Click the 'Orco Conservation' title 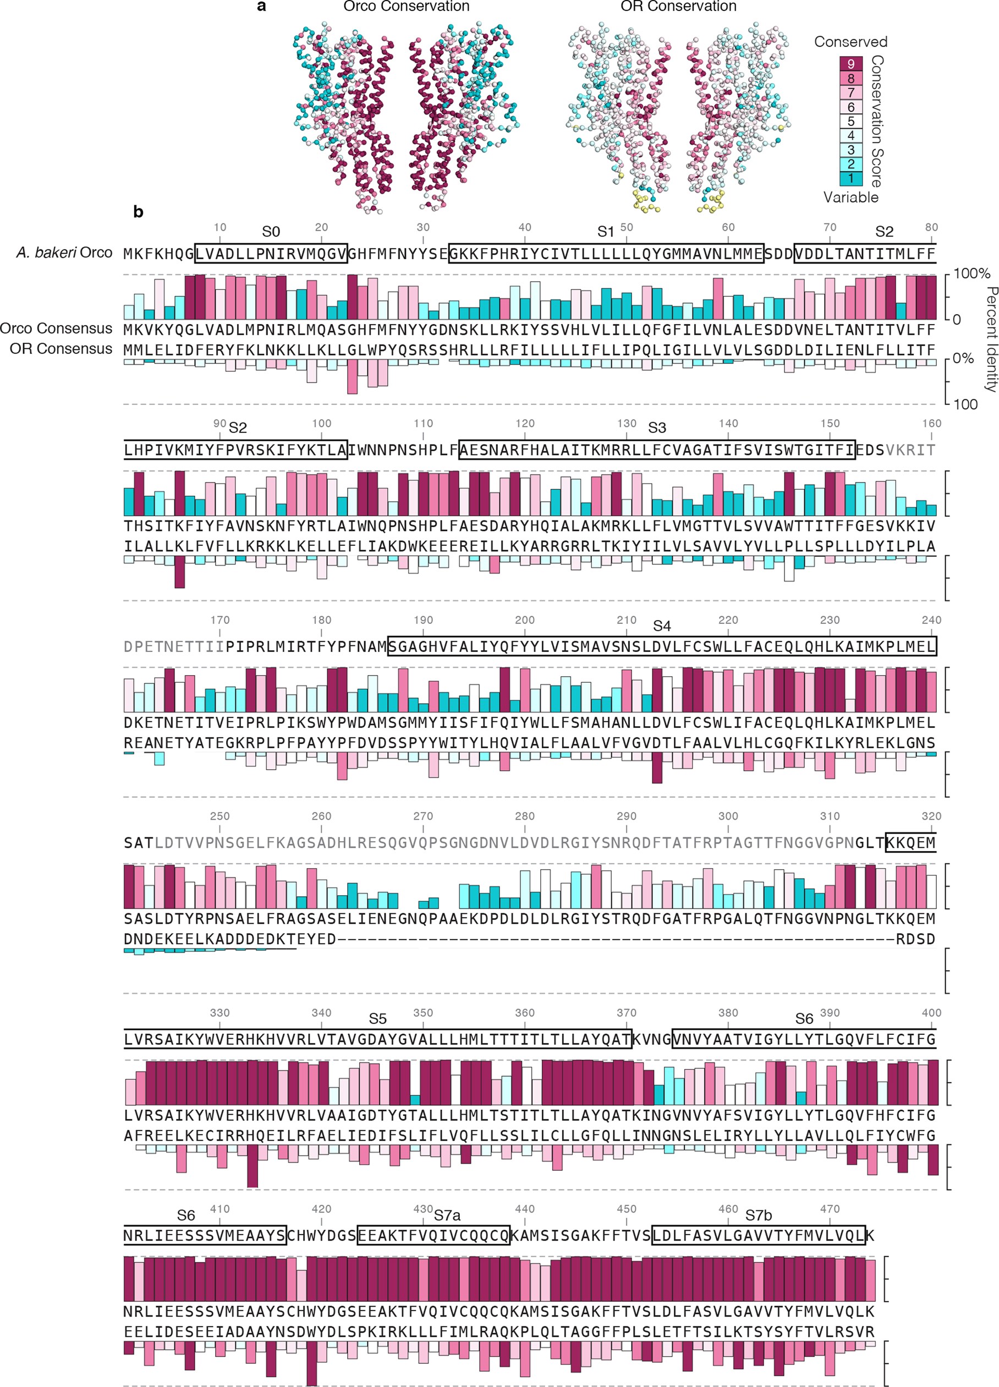point(406,7)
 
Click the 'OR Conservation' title point(678,7)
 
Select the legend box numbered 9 point(850,64)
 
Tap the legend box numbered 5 point(850,121)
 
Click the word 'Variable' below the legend point(850,198)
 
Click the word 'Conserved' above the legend point(850,42)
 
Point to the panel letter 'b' point(138,212)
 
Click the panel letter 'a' point(262,7)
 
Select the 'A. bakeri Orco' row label point(64,253)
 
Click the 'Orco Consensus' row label point(56,328)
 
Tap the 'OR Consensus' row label point(61,349)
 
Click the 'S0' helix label point(271,232)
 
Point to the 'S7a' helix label point(447,1215)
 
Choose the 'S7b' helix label point(758,1215)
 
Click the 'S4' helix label point(662,626)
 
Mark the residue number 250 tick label point(219,816)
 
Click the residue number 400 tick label point(931,1013)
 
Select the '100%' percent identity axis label point(971,273)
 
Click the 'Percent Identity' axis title point(990,340)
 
